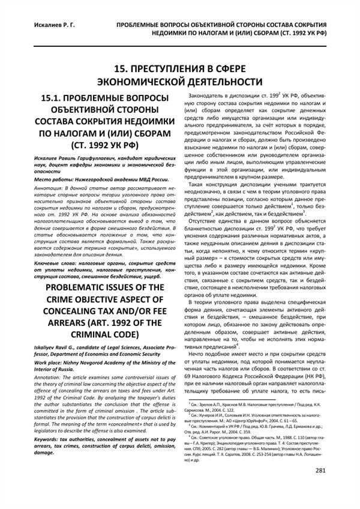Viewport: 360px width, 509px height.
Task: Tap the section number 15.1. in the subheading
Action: [53, 97]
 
